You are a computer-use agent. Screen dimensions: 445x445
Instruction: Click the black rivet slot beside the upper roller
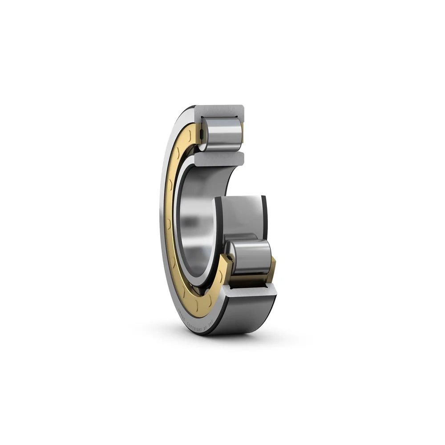[201, 133]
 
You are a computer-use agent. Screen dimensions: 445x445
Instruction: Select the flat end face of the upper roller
[205, 133]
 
